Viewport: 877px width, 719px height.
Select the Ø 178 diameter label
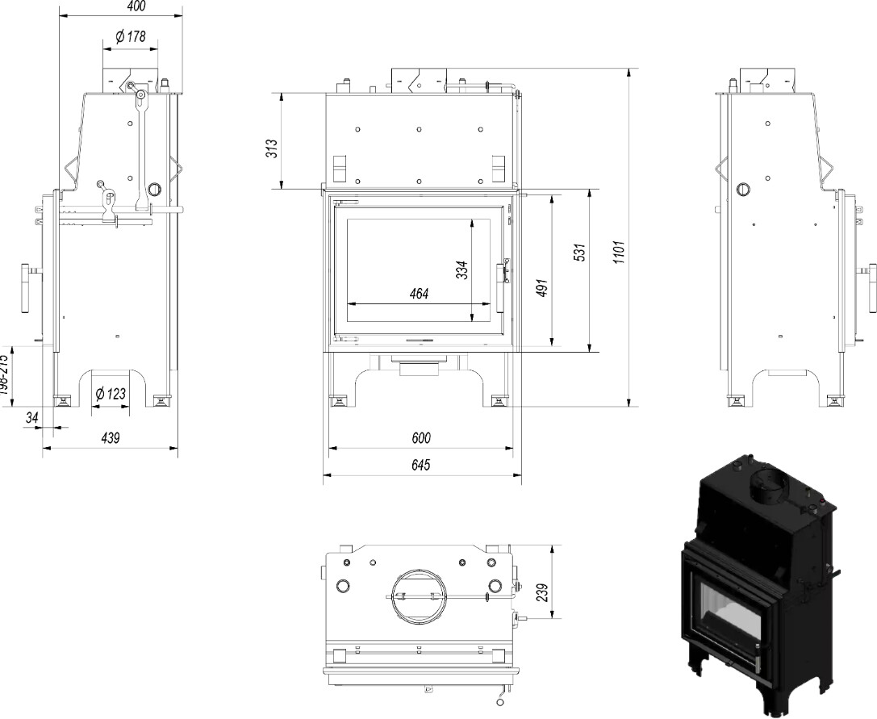pyautogui.click(x=130, y=36)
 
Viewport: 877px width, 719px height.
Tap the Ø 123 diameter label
pyautogui.click(x=111, y=394)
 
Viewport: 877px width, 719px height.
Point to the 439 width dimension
pyautogui.click(x=110, y=437)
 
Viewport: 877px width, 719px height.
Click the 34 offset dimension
pyautogui.click(x=32, y=417)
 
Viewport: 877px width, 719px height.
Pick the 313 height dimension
pyautogui.click(x=272, y=148)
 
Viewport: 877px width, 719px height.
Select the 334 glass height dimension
pyautogui.click(x=461, y=270)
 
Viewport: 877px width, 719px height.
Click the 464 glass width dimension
pyautogui.click(x=419, y=294)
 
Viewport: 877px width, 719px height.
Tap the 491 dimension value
pyautogui.click(x=542, y=289)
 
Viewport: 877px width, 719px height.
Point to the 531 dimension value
pyautogui.click(x=578, y=253)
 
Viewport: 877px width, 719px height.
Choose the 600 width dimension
pyautogui.click(x=420, y=437)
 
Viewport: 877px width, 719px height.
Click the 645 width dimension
pyautogui.click(x=420, y=465)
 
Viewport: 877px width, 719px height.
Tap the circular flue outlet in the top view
pyautogui.click(x=416, y=596)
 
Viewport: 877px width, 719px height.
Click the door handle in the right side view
pyautogui.click(x=871, y=287)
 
